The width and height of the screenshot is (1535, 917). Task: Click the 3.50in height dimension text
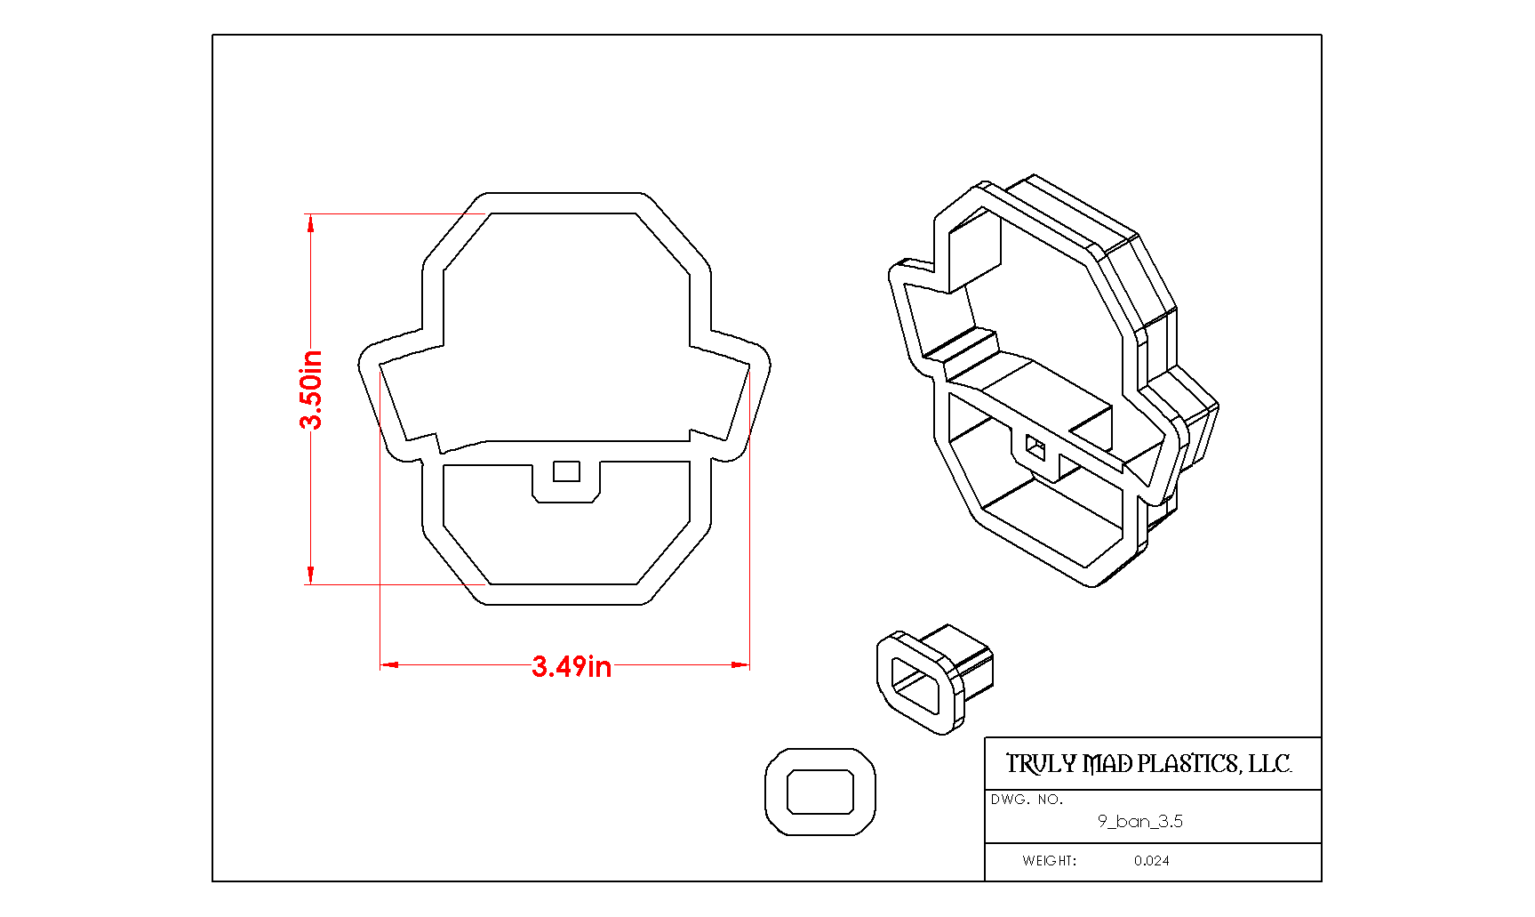pyautogui.click(x=311, y=390)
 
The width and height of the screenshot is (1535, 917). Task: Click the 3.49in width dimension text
pyautogui.click(x=572, y=666)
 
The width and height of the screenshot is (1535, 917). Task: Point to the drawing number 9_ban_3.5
pyautogui.click(x=1139, y=821)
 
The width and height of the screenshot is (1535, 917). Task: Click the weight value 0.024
pyautogui.click(x=1151, y=860)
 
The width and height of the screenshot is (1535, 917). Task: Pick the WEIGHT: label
pyautogui.click(x=1049, y=860)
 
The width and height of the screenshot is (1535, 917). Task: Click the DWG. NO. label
pyautogui.click(x=1027, y=799)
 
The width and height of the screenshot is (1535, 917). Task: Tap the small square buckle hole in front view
pyautogui.click(x=566, y=471)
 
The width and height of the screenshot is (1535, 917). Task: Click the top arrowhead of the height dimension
pyautogui.click(x=310, y=223)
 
